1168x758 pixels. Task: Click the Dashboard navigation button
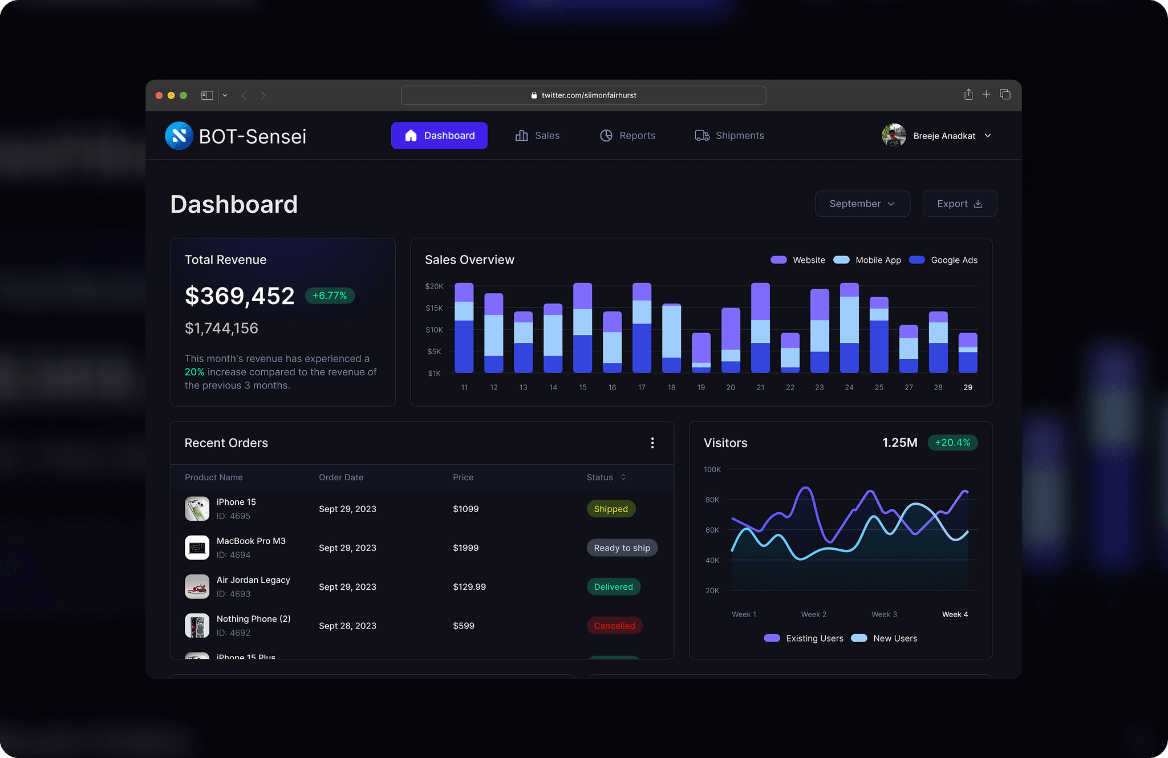(439, 136)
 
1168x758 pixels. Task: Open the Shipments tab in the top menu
(729, 136)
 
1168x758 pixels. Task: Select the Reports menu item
(628, 136)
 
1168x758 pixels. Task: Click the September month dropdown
(862, 204)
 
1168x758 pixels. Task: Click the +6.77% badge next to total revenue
(330, 295)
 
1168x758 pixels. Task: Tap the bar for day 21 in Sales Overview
(760, 328)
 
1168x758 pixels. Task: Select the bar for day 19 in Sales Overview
(701, 353)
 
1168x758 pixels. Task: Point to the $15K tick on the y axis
(434, 308)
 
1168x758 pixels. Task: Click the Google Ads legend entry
(943, 260)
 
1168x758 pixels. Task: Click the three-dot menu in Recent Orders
(652, 443)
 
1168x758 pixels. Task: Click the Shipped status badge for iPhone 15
(611, 509)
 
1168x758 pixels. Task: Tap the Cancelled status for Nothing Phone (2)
(614, 626)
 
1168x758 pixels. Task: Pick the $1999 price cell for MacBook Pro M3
(465, 548)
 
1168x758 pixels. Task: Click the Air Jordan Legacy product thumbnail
(197, 586)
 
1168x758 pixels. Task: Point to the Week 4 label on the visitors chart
(955, 614)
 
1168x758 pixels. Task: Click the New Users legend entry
(885, 638)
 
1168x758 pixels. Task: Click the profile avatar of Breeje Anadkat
(894, 136)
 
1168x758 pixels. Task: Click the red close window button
(159, 95)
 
